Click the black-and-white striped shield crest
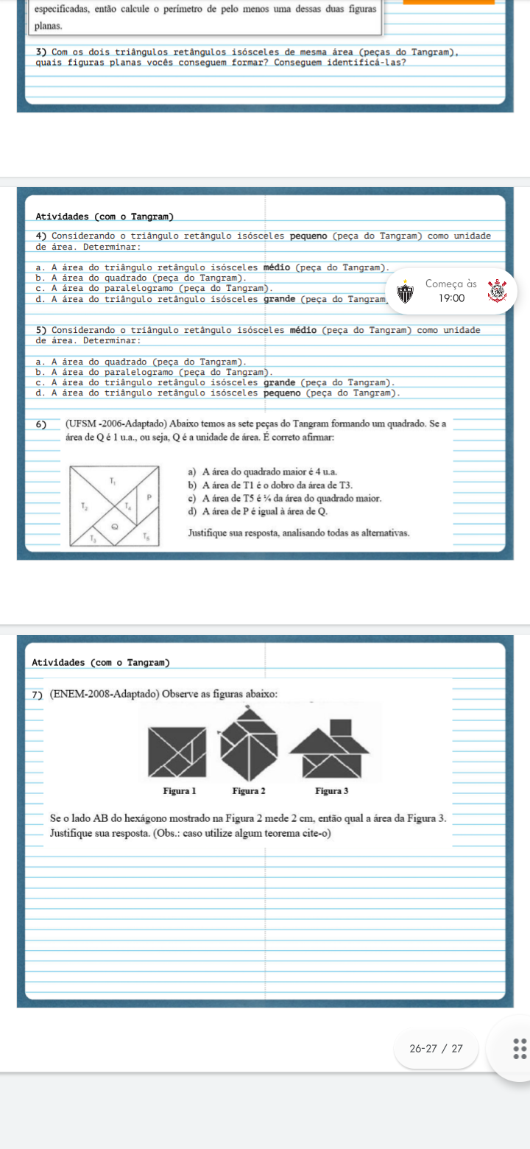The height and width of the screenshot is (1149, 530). tap(406, 292)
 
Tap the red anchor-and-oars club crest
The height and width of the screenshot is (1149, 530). tap(497, 291)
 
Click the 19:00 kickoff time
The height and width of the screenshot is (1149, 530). tap(451, 298)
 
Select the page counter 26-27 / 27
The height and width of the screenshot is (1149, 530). tap(437, 1049)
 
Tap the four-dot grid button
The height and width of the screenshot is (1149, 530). tap(520, 1049)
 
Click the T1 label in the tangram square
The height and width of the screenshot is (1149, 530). tap(113, 481)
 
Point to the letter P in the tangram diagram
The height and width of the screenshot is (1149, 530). tap(149, 497)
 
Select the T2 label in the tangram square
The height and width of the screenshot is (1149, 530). tap(85, 506)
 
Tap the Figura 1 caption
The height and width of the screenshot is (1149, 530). tap(180, 791)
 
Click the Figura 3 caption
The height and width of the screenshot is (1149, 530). tap(332, 791)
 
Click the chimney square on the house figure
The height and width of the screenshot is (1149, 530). tap(341, 728)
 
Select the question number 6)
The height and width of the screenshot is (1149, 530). tap(41, 424)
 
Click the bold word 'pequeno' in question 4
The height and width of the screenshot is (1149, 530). tap(308, 236)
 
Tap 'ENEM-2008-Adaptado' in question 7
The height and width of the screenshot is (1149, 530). tap(105, 694)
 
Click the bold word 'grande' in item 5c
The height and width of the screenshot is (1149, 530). tap(279, 383)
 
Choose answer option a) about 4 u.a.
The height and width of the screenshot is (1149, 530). tap(263, 472)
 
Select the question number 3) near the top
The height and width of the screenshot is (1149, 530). tap(41, 52)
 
